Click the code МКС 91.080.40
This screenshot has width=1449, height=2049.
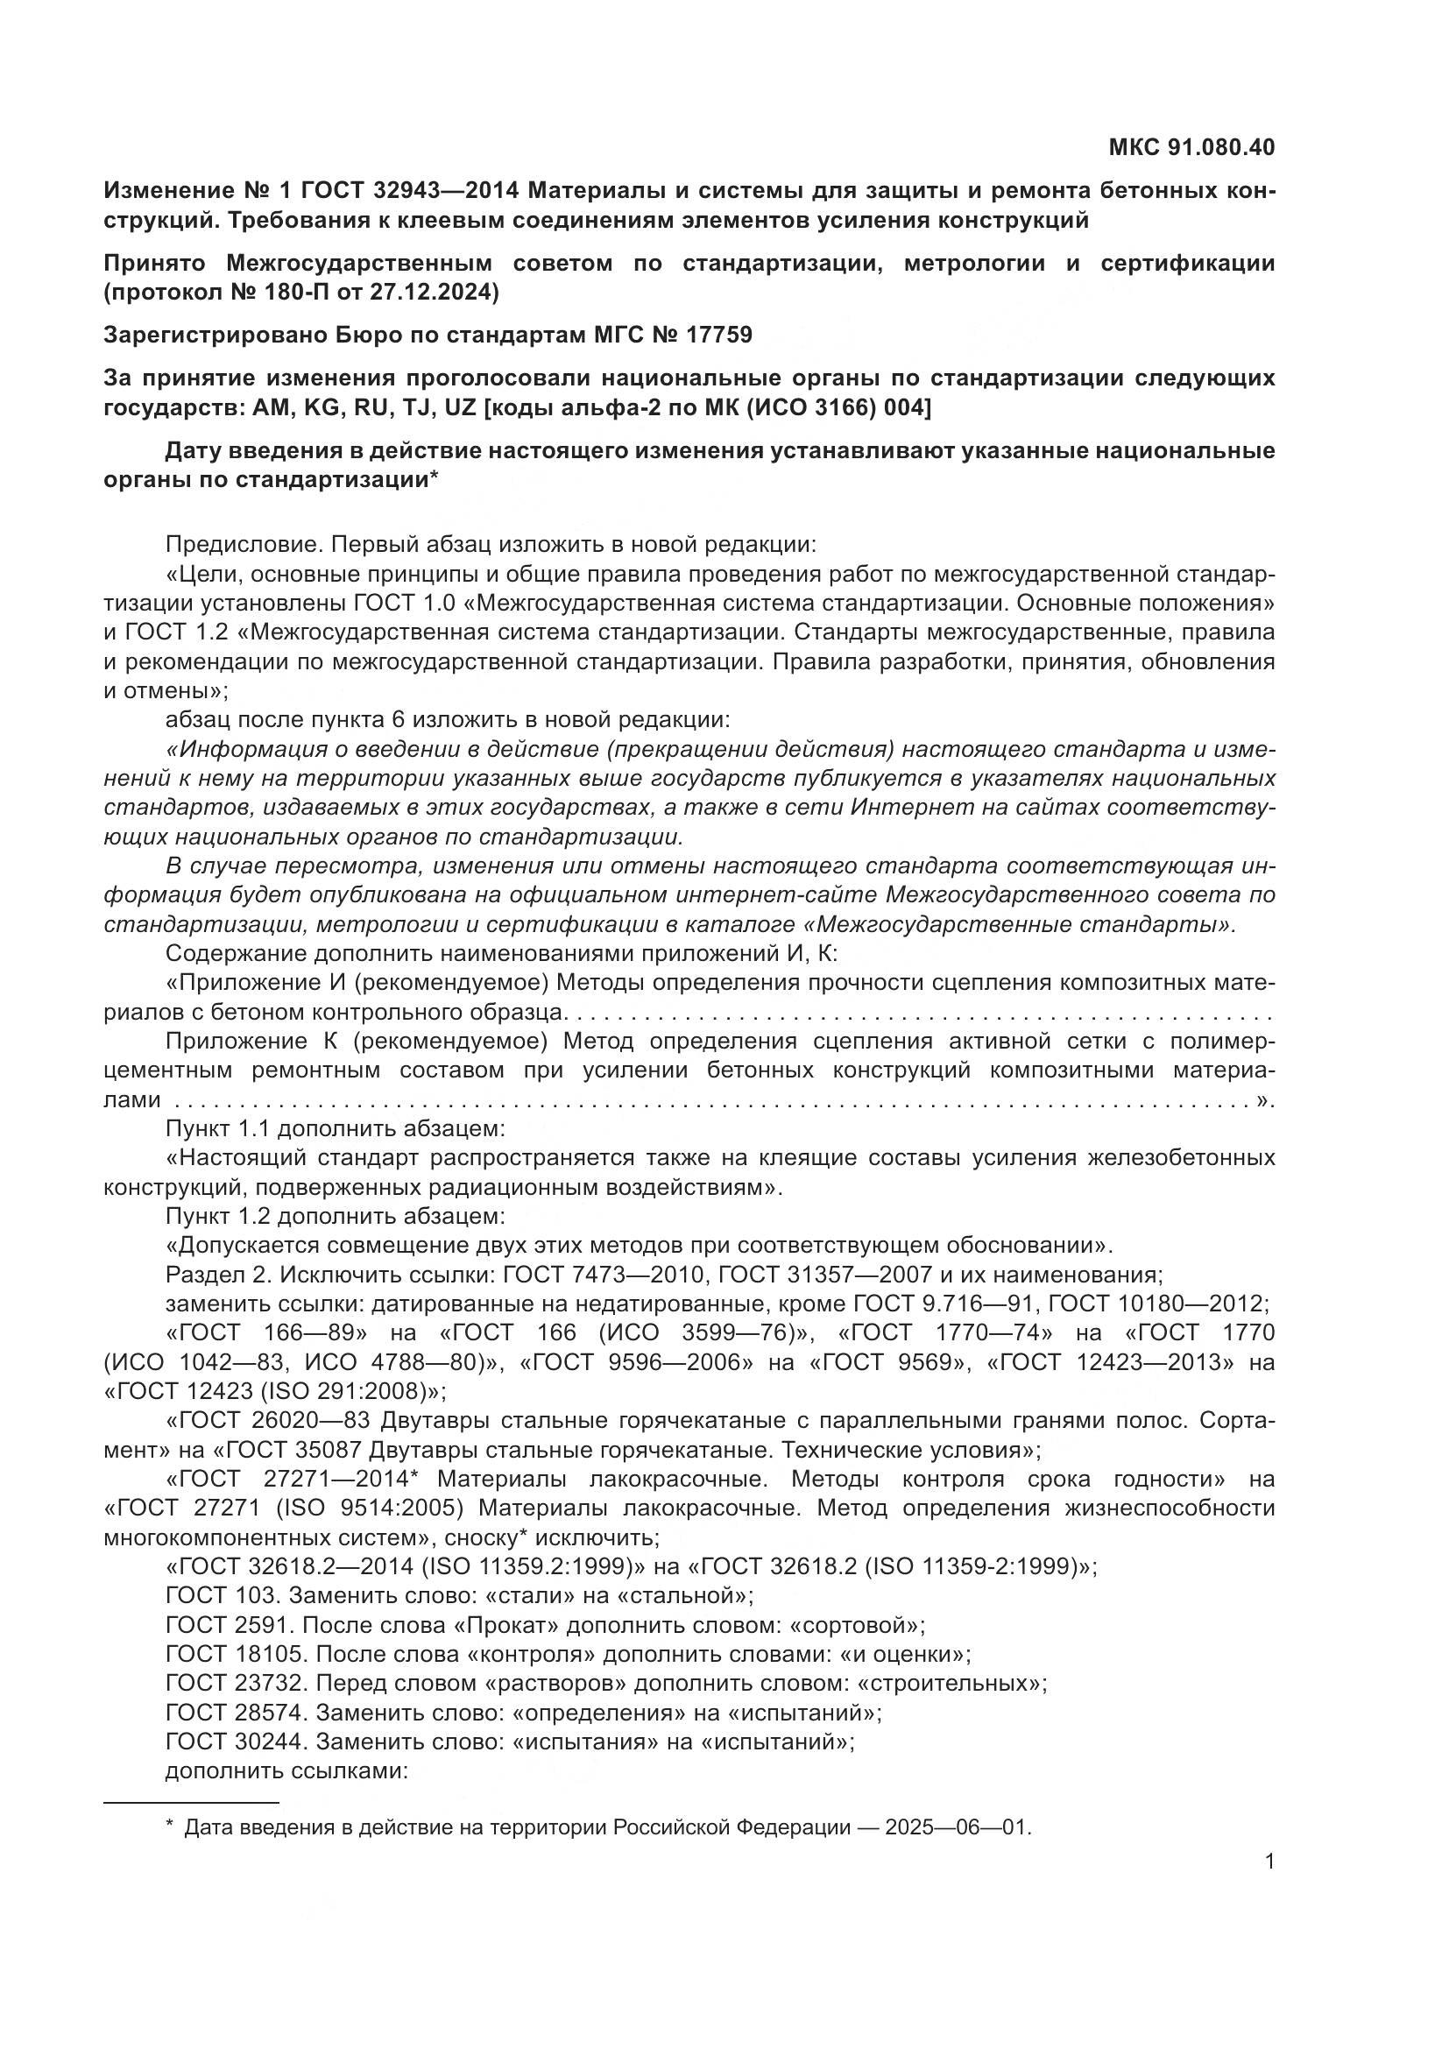[x=1191, y=147]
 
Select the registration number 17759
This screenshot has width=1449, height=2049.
[x=719, y=335]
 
